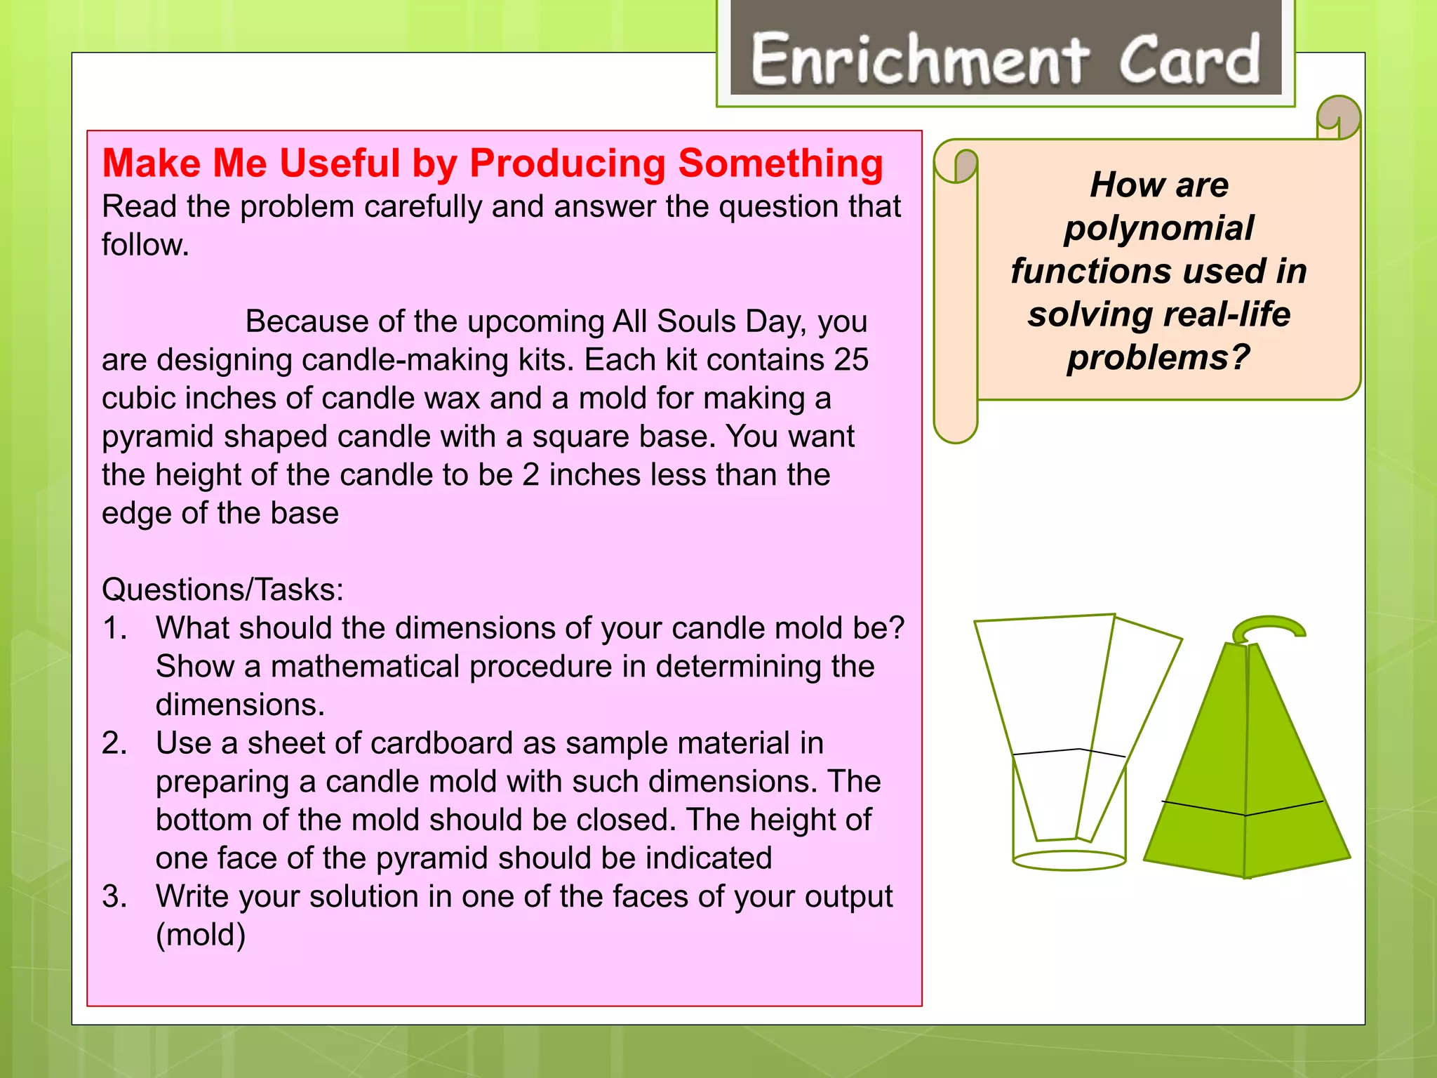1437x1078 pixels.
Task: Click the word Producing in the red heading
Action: [x=567, y=164]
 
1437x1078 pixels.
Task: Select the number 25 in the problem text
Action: [x=851, y=360]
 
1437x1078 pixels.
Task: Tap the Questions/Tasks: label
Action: [x=222, y=590]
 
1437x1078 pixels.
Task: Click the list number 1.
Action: [x=114, y=628]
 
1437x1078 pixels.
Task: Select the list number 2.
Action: [x=114, y=743]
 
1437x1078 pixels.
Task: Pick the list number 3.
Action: [x=114, y=897]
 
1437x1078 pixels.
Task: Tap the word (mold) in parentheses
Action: [x=201, y=935]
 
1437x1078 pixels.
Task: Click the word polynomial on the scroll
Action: [x=1158, y=229]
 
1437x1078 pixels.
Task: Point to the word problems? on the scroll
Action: [x=1158, y=358]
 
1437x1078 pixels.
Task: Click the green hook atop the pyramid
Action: [x=1268, y=626]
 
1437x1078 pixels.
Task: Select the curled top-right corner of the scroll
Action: [x=1339, y=117]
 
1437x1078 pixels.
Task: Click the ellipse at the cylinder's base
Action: [x=1069, y=860]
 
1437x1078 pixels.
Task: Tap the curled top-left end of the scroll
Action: [x=956, y=166]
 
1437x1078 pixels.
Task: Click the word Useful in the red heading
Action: [x=340, y=164]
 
